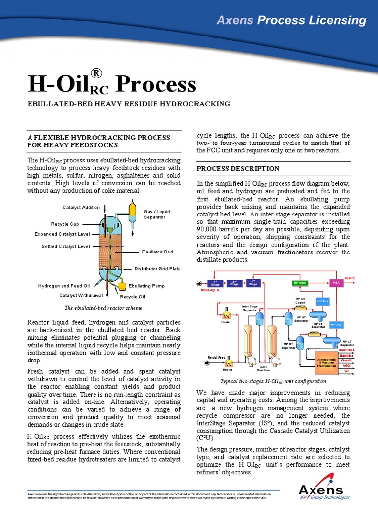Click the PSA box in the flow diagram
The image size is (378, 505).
coord(336,283)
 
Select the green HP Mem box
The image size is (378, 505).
coord(300,283)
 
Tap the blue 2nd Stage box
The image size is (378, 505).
coord(234,283)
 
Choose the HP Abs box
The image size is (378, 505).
coord(322,301)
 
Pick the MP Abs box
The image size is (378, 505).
coord(336,325)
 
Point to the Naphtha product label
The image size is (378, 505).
coord(346,355)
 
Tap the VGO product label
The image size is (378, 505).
coord(346,366)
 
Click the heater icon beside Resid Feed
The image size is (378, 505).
coord(228,363)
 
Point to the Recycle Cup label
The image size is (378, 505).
coord(65,224)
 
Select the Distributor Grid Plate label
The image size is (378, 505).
coord(157,269)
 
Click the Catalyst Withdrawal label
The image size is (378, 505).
coord(81,295)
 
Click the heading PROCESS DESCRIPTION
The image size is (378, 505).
coord(238,169)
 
